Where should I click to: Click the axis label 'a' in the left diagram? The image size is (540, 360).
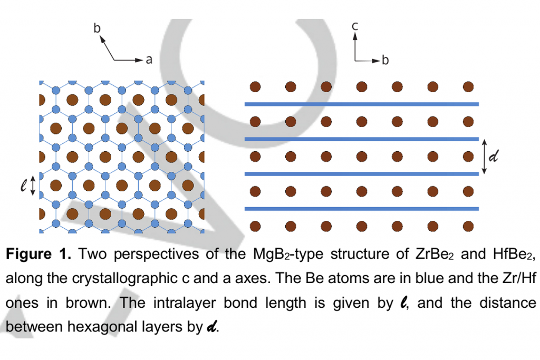click(x=149, y=60)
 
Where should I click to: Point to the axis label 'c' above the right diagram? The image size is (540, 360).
click(x=355, y=26)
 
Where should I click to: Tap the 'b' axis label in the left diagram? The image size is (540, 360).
click(x=97, y=28)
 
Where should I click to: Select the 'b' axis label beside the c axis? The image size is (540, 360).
click(x=385, y=60)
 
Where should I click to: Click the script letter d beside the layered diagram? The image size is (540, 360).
click(x=494, y=156)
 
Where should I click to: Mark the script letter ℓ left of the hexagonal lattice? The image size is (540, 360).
click(x=23, y=186)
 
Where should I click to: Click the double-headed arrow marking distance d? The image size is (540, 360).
click(x=484, y=157)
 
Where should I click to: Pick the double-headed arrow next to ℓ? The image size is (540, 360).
click(x=33, y=186)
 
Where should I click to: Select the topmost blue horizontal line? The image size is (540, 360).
click(x=362, y=104)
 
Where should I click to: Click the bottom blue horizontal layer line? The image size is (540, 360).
click(x=362, y=209)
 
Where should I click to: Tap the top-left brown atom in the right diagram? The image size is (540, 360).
click(x=255, y=87)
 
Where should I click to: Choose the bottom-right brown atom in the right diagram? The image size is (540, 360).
click(x=468, y=227)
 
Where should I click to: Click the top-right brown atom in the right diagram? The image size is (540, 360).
click(x=468, y=87)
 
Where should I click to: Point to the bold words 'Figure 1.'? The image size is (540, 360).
click(x=38, y=255)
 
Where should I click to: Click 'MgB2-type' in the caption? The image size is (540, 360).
click(x=288, y=255)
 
